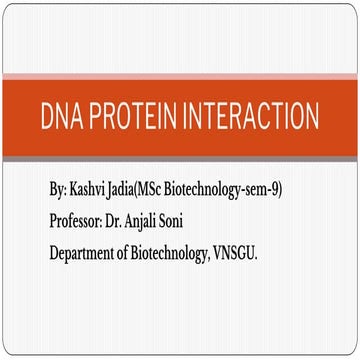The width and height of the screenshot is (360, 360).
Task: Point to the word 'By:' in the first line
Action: (59, 189)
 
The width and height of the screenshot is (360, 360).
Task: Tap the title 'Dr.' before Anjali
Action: (123, 221)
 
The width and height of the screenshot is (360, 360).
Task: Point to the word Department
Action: (89, 254)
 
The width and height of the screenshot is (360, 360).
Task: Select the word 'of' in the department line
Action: (140, 254)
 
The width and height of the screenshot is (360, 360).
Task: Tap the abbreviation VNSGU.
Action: (261, 254)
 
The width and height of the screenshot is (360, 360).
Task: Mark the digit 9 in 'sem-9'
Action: (275, 189)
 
